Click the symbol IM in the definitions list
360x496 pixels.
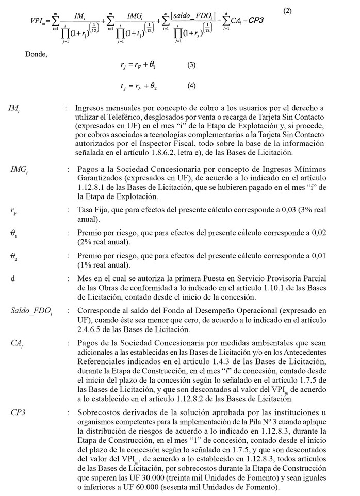tap(14, 109)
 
